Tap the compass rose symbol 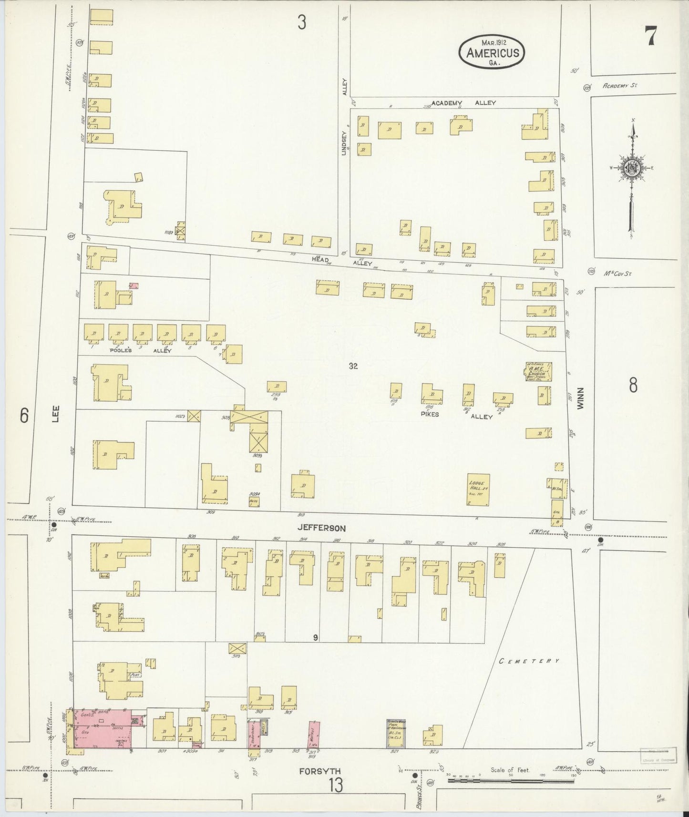pyautogui.click(x=631, y=168)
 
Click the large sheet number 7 pyautogui.click(x=651, y=36)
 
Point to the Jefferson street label pyautogui.click(x=321, y=528)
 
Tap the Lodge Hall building pyautogui.click(x=478, y=490)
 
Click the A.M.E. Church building pyautogui.click(x=539, y=372)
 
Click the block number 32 pyautogui.click(x=353, y=366)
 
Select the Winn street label pyautogui.click(x=580, y=398)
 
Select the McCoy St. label pyautogui.click(x=617, y=274)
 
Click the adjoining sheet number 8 pyautogui.click(x=633, y=385)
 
